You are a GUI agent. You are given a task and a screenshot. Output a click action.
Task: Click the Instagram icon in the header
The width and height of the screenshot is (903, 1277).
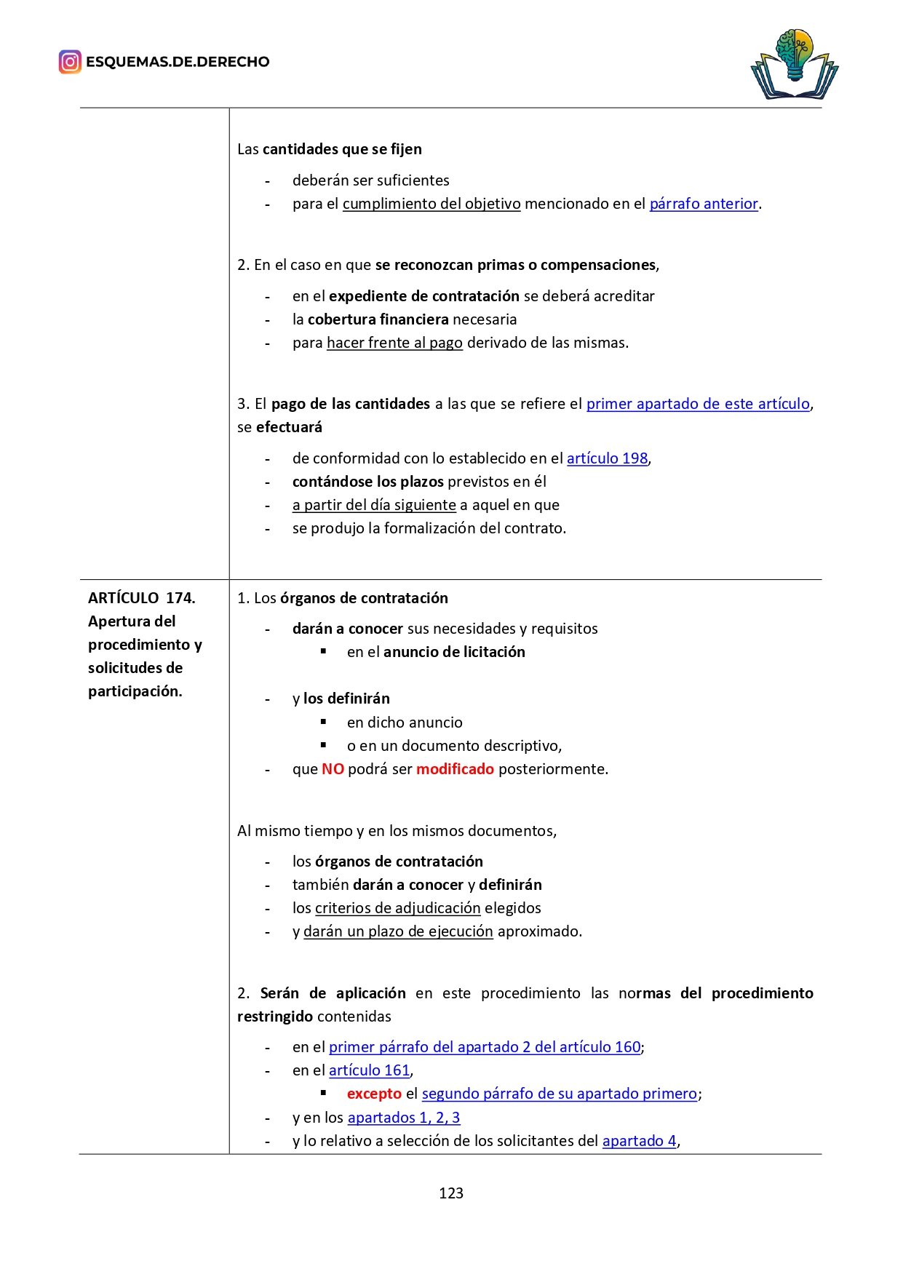click(70, 62)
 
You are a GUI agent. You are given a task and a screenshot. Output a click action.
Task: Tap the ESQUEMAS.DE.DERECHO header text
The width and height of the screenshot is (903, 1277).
click(178, 62)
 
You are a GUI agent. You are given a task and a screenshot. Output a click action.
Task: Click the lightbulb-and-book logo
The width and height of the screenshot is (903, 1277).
click(794, 64)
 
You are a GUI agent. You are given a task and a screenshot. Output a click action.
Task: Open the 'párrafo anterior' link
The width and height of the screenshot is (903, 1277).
click(704, 204)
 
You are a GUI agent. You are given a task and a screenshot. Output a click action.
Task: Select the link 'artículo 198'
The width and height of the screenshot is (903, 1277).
click(607, 458)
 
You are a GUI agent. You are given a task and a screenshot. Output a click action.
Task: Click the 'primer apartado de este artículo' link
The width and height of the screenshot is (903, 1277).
click(698, 404)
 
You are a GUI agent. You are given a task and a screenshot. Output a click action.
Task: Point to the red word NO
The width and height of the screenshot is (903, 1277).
click(333, 769)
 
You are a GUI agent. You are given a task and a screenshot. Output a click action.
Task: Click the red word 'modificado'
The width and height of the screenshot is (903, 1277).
click(455, 769)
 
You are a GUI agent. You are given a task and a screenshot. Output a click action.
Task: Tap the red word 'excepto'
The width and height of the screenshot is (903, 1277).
click(374, 1094)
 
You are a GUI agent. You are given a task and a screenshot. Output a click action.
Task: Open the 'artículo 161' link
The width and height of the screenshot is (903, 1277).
click(369, 1070)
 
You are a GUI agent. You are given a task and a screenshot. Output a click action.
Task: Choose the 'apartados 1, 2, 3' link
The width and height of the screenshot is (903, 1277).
click(404, 1118)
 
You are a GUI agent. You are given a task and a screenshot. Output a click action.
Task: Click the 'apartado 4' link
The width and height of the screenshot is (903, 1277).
click(639, 1141)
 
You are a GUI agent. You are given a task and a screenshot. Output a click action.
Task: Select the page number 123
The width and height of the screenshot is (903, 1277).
click(451, 1193)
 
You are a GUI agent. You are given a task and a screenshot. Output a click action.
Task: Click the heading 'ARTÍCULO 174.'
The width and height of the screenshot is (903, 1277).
click(142, 598)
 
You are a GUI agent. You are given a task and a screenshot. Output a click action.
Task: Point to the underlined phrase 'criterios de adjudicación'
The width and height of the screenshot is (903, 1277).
click(397, 908)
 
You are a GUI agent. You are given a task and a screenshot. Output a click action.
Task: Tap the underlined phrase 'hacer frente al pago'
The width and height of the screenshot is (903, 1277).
click(394, 343)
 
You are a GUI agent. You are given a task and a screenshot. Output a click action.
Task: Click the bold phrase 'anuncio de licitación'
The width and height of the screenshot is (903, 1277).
click(454, 652)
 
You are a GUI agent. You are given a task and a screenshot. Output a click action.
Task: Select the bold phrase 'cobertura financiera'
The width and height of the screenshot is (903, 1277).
click(378, 319)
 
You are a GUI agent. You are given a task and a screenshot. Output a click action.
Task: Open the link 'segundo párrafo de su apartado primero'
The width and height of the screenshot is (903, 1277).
click(559, 1094)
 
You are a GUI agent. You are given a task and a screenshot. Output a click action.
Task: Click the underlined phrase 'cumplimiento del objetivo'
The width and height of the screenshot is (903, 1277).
click(431, 204)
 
